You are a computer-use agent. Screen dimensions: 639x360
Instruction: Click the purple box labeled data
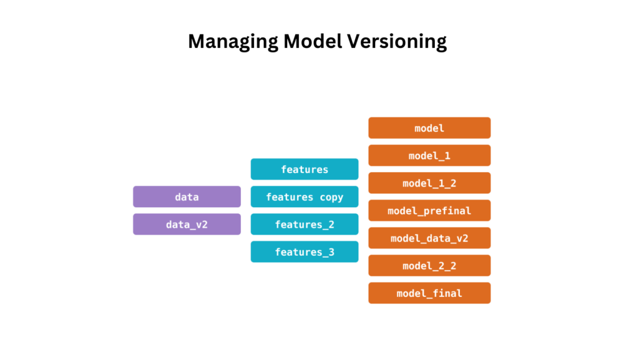click(x=187, y=197)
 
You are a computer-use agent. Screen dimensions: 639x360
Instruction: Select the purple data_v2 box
click(x=187, y=225)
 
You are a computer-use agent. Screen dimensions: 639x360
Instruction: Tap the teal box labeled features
click(x=305, y=169)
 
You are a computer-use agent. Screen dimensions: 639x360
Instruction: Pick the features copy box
click(x=305, y=197)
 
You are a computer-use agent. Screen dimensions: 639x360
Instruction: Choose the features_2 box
click(x=305, y=225)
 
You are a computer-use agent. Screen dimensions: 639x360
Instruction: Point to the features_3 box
click(x=305, y=251)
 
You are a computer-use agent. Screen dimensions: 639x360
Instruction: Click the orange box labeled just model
click(x=429, y=128)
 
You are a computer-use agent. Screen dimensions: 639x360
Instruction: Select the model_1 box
click(x=429, y=155)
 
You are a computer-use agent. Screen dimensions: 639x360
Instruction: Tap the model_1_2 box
click(x=429, y=183)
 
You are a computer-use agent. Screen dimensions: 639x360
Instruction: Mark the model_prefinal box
click(x=429, y=210)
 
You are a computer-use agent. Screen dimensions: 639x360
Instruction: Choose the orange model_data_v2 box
click(x=429, y=238)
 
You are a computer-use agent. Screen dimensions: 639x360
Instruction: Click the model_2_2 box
click(x=429, y=266)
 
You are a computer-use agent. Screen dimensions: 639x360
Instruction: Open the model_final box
click(x=429, y=293)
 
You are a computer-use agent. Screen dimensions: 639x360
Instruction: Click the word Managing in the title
click(x=233, y=42)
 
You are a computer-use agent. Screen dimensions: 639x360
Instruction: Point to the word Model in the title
click(x=313, y=41)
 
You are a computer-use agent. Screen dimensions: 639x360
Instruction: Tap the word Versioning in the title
click(x=397, y=42)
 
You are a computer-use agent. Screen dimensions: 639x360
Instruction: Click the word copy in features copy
click(x=331, y=198)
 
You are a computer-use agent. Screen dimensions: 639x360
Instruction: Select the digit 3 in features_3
click(x=331, y=252)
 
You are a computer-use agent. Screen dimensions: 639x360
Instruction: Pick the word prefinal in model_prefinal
click(x=447, y=211)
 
